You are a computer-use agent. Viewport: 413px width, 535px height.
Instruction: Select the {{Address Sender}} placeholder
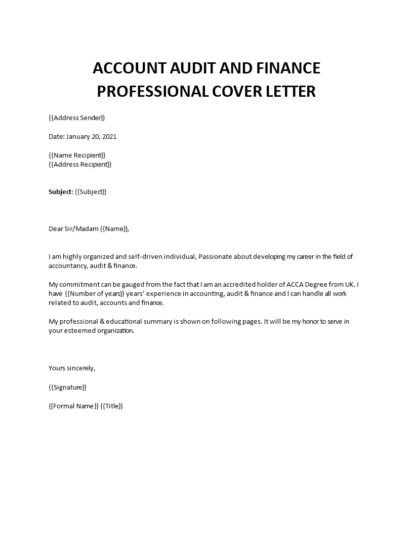point(77,118)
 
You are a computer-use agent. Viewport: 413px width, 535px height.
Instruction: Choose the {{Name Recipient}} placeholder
point(77,155)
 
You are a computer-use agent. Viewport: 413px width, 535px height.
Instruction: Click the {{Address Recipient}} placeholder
point(80,164)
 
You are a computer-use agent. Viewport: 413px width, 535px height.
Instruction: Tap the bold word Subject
point(60,192)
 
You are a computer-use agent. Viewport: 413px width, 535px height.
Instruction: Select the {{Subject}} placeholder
point(91,192)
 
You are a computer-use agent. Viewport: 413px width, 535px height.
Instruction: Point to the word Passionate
point(216,257)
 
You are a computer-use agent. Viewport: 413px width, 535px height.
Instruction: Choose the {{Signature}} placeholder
point(68,387)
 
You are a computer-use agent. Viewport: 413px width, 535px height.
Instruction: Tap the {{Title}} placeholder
point(112,406)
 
